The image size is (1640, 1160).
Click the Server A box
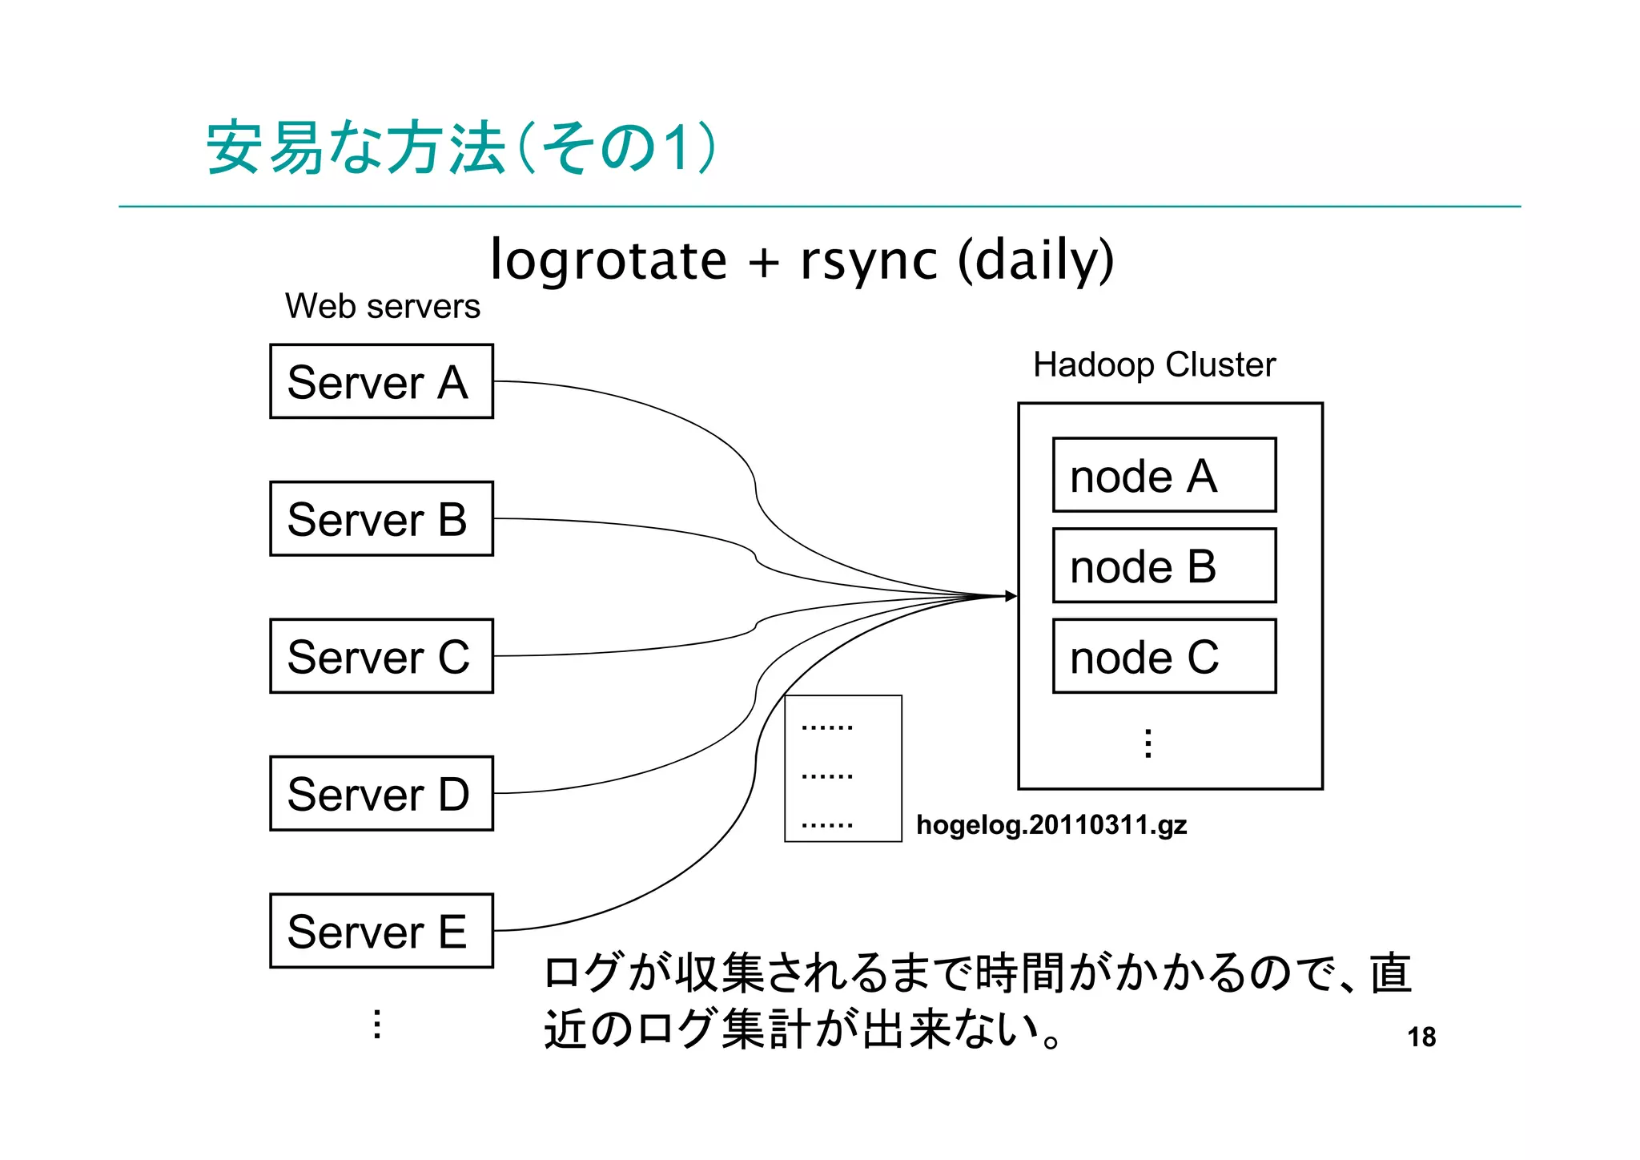pos(381,381)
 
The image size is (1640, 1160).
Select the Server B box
pos(381,518)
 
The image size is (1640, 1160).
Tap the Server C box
pos(381,656)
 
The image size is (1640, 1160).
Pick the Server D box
pos(381,793)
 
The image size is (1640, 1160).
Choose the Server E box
pos(381,931)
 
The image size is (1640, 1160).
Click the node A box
pos(1164,475)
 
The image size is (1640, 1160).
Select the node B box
pos(1164,566)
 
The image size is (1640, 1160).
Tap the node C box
pos(1164,656)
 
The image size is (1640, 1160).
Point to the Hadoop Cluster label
pos(1153,365)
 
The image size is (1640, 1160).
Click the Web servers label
pos(382,306)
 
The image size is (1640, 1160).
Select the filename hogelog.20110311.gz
pos(1051,824)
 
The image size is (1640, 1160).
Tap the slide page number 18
pos(1421,1037)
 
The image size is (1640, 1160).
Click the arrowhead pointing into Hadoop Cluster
pos(1011,596)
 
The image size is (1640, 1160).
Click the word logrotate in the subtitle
pos(609,260)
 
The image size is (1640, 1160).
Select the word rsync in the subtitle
pos(868,260)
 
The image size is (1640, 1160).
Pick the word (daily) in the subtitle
pos(1035,260)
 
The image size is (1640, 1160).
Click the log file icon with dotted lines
pos(842,768)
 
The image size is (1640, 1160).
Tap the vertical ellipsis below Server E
pos(377,1024)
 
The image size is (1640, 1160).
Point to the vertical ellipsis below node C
pos(1148,743)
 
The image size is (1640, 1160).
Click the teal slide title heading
pos(460,148)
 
